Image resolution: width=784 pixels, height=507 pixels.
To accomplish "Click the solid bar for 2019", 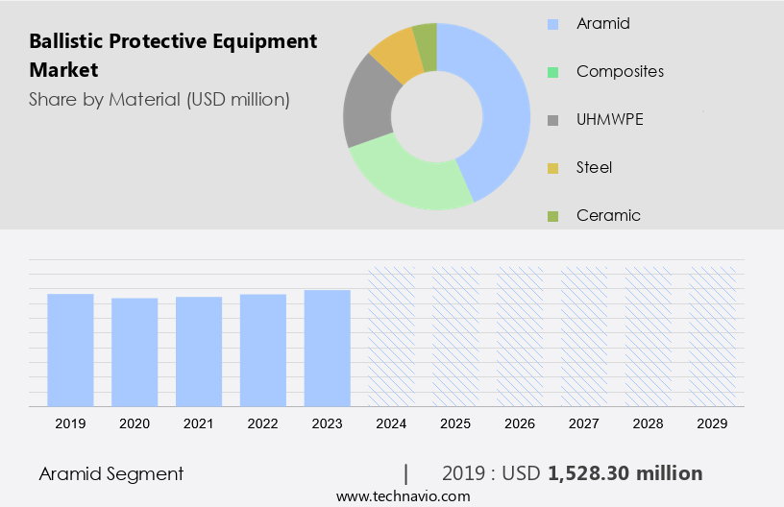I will pos(70,350).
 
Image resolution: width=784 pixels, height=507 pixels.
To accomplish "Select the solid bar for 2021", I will pos(199,351).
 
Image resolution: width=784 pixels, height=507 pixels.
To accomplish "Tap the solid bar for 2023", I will pos(328,348).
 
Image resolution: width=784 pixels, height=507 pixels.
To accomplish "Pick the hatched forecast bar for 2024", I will pos(392,336).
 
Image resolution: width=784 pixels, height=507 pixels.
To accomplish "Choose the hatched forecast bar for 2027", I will pos(584,336).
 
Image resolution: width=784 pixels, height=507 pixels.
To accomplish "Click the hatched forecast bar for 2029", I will pos(713,336).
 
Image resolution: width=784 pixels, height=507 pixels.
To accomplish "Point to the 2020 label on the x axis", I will pos(135,423).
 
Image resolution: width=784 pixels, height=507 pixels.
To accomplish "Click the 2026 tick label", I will pos(520,423).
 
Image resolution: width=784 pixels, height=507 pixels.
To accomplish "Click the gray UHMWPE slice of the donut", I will pos(367,105).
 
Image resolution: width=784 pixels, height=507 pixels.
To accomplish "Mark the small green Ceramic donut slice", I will pos(425,39).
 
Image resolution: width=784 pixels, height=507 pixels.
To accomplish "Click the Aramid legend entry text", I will pos(602,23).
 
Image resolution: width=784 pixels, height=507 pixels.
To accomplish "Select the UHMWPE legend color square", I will pos(552,120).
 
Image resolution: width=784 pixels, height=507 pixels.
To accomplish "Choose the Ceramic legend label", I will pos(607,215).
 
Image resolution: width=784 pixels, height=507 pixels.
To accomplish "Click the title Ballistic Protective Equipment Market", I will pos(173,56).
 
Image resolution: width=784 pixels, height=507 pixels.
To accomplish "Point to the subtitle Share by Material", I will pos(159,100).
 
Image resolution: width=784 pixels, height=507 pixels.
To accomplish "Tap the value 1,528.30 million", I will pos(625,473).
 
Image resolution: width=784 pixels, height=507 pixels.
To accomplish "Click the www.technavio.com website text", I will pos(403,496).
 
